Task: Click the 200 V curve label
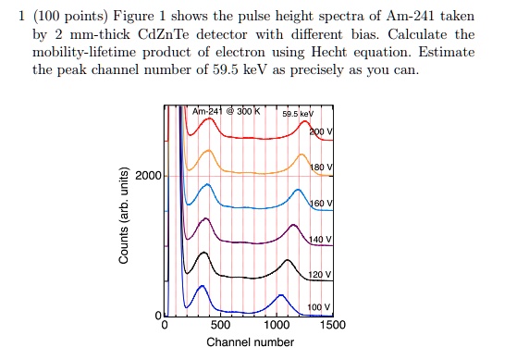click(320, 132)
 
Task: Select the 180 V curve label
click(320, 168)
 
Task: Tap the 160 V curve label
click(320, 203)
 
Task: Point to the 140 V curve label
click(320, 239)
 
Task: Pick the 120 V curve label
click(320, 275)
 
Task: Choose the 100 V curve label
click(319, 306)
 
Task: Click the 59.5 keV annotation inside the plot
click(299, 113)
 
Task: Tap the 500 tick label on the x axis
click(220, 326)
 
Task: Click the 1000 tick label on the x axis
click(277, 326)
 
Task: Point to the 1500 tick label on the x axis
click(332, 326)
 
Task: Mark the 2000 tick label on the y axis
click(149, 176)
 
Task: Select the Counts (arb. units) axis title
click(123, 216)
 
